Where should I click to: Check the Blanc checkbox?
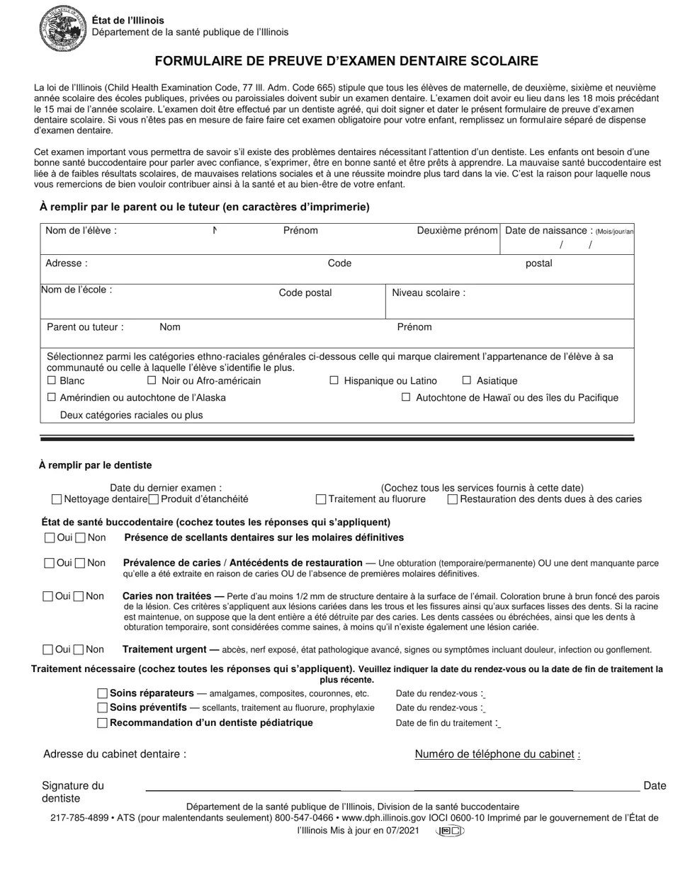51,380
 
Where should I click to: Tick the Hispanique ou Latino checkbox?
334,380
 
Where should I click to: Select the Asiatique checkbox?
467,380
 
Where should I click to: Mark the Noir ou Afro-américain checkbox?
152,380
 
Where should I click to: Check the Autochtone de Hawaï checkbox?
406,397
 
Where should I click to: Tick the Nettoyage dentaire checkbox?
57,499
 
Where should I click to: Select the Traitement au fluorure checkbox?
321,499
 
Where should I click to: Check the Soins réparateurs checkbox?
103,693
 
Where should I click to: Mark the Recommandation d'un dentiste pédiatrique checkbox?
103,723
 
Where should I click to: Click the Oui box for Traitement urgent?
48,649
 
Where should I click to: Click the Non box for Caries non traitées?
79,596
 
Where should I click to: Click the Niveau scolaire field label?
429,292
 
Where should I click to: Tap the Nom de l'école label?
77,290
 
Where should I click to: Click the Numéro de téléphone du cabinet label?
494,754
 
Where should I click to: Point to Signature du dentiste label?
72,792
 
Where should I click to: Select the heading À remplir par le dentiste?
95,465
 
